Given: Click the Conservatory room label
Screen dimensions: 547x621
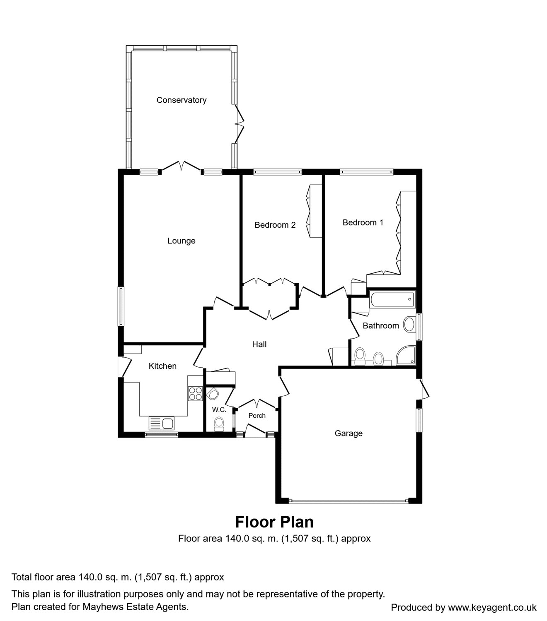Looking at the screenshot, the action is tap(182, 100).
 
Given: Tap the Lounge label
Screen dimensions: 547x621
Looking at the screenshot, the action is tap(182, 241).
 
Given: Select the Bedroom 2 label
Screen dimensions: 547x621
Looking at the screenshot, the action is tap(275, 225).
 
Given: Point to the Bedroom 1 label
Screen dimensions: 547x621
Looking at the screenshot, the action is tap(363, 223).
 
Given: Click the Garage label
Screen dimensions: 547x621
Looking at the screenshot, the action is tap(349, 433).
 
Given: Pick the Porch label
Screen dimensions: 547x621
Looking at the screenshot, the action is tap(257, 416).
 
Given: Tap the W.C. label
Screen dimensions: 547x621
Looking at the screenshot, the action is tap(219, 409).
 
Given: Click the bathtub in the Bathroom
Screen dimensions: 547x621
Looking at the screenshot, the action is tap(392, 299).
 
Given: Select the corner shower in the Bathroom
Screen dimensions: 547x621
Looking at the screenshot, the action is tap(406, 356).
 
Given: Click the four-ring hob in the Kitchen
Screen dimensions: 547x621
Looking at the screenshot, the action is tap(196, 394).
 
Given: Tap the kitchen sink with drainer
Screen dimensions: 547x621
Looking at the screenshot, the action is tap(161, 423).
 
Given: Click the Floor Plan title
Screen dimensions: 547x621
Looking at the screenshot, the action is tap(274, 522).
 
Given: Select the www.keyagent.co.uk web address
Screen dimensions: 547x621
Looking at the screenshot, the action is tap(492, 607).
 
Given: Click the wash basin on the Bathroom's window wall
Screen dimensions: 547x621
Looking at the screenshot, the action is tap(409, 325).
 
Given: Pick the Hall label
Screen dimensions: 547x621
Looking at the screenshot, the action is tap(259, 344).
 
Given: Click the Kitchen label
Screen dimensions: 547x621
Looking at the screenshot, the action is tap(162, 366).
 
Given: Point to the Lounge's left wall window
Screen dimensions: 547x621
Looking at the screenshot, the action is tap(121, 306).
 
